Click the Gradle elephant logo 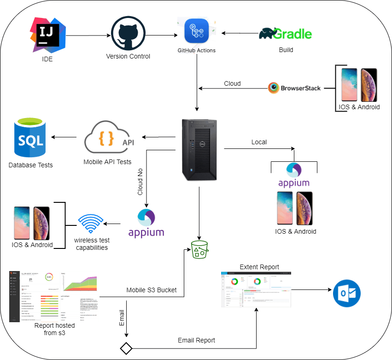[x=286, y=34]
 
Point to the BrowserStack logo [x=295, y=88]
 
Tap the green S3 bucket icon [x=199, y=249]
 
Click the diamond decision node [x=126, y=348]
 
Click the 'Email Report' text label [x=197, y=340]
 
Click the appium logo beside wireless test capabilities [x=146, y=223]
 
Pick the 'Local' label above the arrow [x=259, y=142]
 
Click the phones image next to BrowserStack [x=359, y=85]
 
